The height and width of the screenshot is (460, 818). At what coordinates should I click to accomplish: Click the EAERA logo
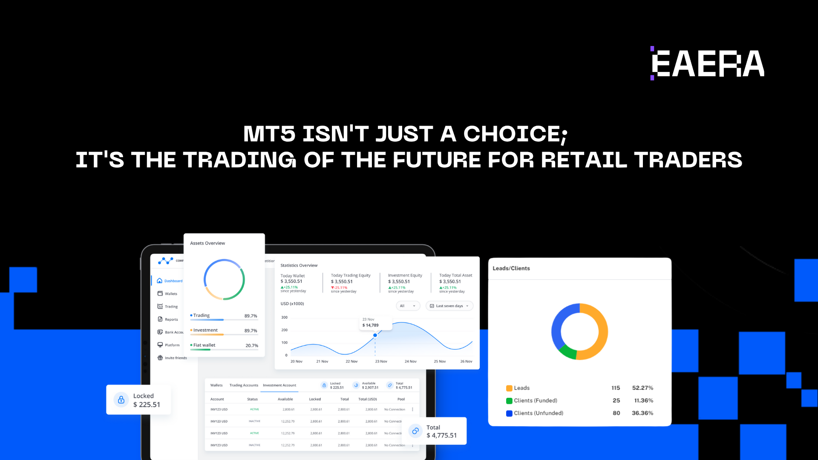707,64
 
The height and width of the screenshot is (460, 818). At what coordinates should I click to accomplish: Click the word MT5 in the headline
269,134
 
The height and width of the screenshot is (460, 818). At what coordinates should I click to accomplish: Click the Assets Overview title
207,243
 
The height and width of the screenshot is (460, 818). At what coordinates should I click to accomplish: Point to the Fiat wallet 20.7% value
251,345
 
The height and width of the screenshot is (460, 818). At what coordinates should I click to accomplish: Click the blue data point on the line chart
375,335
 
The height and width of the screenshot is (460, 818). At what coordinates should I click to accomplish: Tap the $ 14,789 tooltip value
370,325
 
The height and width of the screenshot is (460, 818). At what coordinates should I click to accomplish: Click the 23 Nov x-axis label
381,362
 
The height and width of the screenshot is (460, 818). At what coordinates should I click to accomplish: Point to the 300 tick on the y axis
284,317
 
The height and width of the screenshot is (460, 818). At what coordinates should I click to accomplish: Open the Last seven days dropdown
449,306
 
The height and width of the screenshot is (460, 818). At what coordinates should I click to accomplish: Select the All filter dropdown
408,306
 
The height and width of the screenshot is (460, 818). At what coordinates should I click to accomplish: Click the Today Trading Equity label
351,276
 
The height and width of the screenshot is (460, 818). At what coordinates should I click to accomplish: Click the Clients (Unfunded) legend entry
538,413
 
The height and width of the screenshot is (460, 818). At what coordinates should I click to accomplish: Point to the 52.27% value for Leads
642,388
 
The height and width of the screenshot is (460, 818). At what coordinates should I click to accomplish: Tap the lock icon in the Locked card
121,400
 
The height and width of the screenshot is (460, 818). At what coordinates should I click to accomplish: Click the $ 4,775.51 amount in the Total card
441,435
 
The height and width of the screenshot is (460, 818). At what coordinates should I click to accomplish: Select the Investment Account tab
279,385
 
